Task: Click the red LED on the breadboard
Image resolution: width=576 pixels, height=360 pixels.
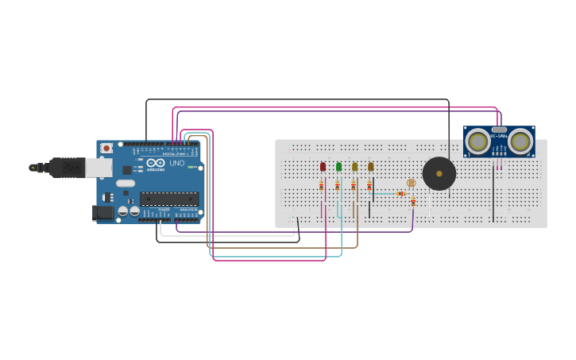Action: pyautogui.click(x=323, y=167)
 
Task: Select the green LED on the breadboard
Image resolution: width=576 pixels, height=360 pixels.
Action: pyautogui.click(x=338, y=167)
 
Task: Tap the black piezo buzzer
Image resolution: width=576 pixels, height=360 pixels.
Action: pyautogui.click(x=439, y=173)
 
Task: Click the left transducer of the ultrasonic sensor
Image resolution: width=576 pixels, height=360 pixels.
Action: pyautogui.click(x=477, y=141)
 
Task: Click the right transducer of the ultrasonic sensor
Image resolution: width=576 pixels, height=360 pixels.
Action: pyautogui.click(x=520, y=141)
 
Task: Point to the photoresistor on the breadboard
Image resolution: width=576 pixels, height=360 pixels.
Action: pyautogui.click(x=411, y=183)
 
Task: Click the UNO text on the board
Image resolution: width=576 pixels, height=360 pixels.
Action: pyautogui.click(x=176, y=164)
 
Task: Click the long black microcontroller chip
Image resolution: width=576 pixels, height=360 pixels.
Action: pyautogui.click(x=169, y=199)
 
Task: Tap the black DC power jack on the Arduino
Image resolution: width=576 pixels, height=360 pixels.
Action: pyautogui.click(x=102, y=212)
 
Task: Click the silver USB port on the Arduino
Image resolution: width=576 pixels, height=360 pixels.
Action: pyautogui.click(x=99, y=167)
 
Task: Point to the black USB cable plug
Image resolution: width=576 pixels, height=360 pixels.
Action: pyautogui.click(x=67, y=167)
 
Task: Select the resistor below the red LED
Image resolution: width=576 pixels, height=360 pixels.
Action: pyautogui.click(x=321, y=186)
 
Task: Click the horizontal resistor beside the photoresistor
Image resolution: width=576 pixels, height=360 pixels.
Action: pyautogui.click(x=400, y=193)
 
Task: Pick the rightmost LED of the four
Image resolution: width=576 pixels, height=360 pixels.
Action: pyautogui.click(x=370, y=167)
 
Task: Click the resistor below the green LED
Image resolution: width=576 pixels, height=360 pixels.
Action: pyautogui.click(x=337, y=186)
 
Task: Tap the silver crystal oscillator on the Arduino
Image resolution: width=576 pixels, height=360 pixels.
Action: pyautogui.click(x=126, y=183)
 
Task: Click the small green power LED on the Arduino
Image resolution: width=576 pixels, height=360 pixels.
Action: pyautogui.click(x=191, y=166)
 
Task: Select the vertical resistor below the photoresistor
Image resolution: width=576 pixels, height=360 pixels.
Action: pyautogui.click(x=412, y=202)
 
